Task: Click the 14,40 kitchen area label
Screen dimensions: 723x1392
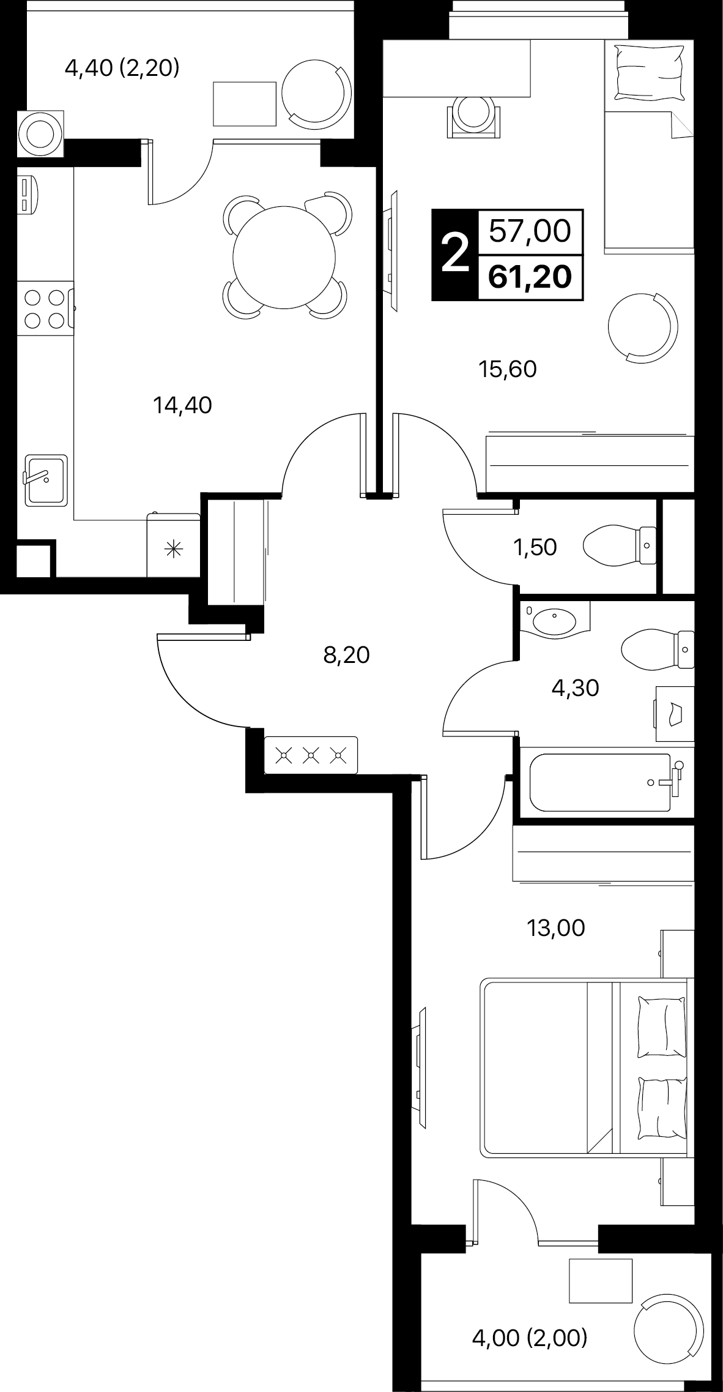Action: [x=182, y=405]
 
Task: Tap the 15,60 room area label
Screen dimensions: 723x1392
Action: [x=508, y=369]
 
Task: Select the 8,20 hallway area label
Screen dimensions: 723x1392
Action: [x=347, y=656]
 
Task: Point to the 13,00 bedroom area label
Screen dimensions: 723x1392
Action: [x=556, y=929]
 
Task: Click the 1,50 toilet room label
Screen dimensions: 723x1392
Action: [x=536, y=547]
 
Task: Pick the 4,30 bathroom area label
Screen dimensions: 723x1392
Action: [x=575, y=689]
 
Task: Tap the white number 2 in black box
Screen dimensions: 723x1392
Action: [x=454, y=255]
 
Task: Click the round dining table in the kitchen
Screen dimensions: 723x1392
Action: [x=286, y=256]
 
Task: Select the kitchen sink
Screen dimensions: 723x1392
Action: [x=45, y=480]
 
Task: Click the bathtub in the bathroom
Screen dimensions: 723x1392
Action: [x=607, y=782]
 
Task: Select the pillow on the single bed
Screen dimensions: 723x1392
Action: [x=650, y=72]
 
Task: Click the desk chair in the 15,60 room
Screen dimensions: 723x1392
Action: [x=474, y=116]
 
